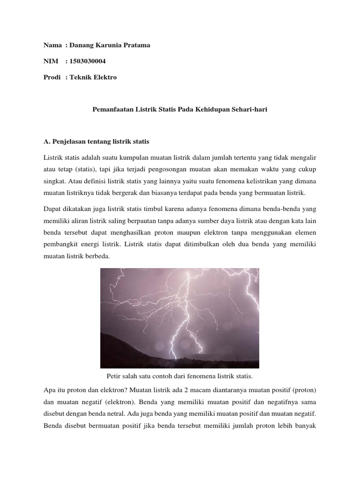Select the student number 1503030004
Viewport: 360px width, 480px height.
tap(90, 61)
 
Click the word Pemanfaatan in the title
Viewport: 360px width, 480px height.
tap(110, 109)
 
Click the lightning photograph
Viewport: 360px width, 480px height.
tap(180, 318)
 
